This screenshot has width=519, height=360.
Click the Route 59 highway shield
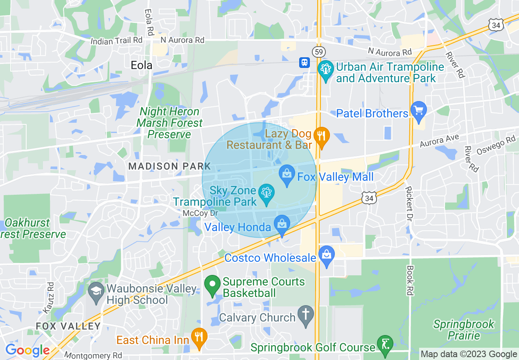pyautogui.click(x=318, y=52)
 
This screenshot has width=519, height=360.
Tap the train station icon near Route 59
pyautogui.click(x=304, y=62)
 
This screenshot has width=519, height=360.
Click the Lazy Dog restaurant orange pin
pyautogui.click(x=322, y=137)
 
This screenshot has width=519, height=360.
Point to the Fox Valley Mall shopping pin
pyautogui.click(x=287, y=175)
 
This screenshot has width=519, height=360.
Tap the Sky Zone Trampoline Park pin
pyautogui.click(x=266, y=194)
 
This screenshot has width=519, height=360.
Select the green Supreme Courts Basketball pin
pyautogui.click(x=212, y=285)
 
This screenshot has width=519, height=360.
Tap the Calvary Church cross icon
pyautogui.click(x=306, y=315)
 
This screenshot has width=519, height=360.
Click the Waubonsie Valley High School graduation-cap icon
pyautogui.click(x=96, y=292)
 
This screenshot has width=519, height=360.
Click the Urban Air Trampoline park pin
pyautogui.click(x=326, y=70)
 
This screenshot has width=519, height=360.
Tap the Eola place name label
pyautogui.click(x=141, y=65)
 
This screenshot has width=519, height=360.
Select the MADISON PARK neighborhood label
pyautogui.click(x=169, y=166)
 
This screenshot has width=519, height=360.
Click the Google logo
pyautogui.click(x=27, y=350)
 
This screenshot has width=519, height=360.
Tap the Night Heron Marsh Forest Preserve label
pyautogui.click(x=169, y=123)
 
